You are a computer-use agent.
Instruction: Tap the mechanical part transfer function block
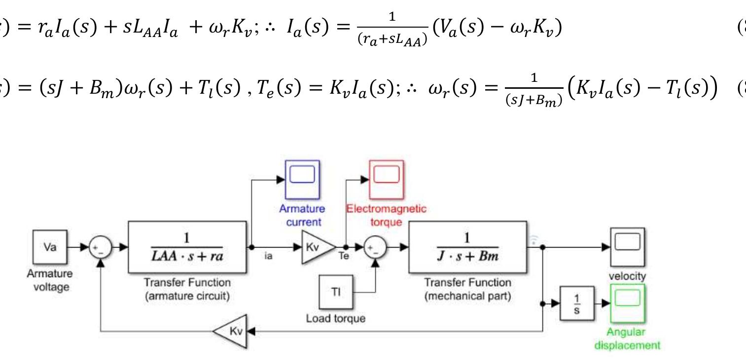tap(466, 248)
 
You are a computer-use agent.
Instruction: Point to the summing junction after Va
tap(101, 248)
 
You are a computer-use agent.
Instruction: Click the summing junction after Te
tap(376, 248)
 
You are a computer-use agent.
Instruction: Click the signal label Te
tap(344, 257)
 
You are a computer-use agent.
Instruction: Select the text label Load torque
tap(335, 319)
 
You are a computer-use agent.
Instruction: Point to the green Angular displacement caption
tap(627, 338)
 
